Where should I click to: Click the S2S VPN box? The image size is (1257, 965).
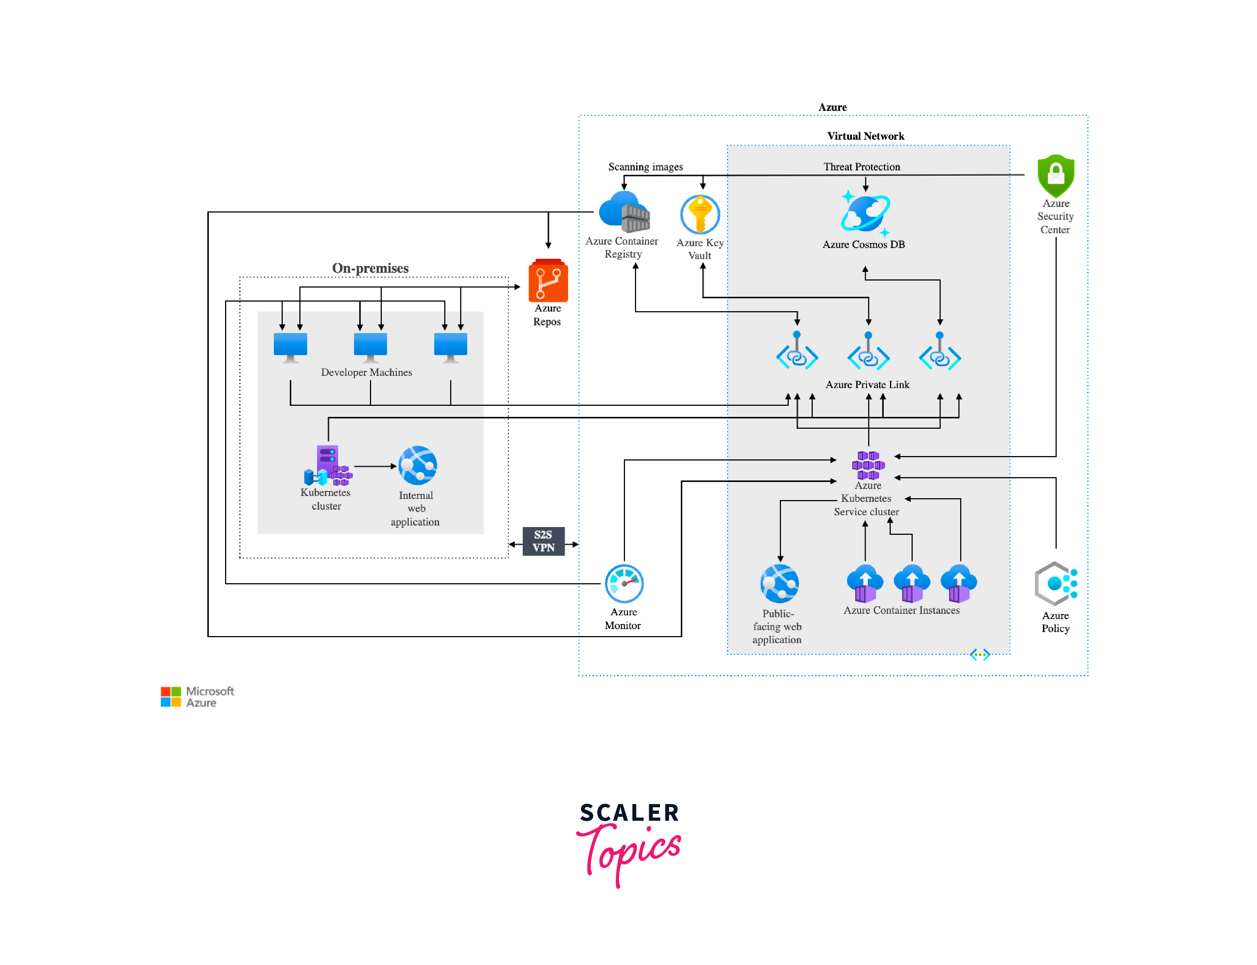(x=543, y=541)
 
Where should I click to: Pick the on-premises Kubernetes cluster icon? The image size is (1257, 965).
(x=327, y=465)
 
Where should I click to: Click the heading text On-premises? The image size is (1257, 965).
(x=370, y=268)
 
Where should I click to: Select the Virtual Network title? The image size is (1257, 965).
(x=865, y=136)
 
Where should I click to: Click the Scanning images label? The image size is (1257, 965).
(x=645, y=167)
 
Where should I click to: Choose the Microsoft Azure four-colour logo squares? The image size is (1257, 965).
(x=171, y=696)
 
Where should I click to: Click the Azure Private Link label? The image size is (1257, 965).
(x=867, y=384)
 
